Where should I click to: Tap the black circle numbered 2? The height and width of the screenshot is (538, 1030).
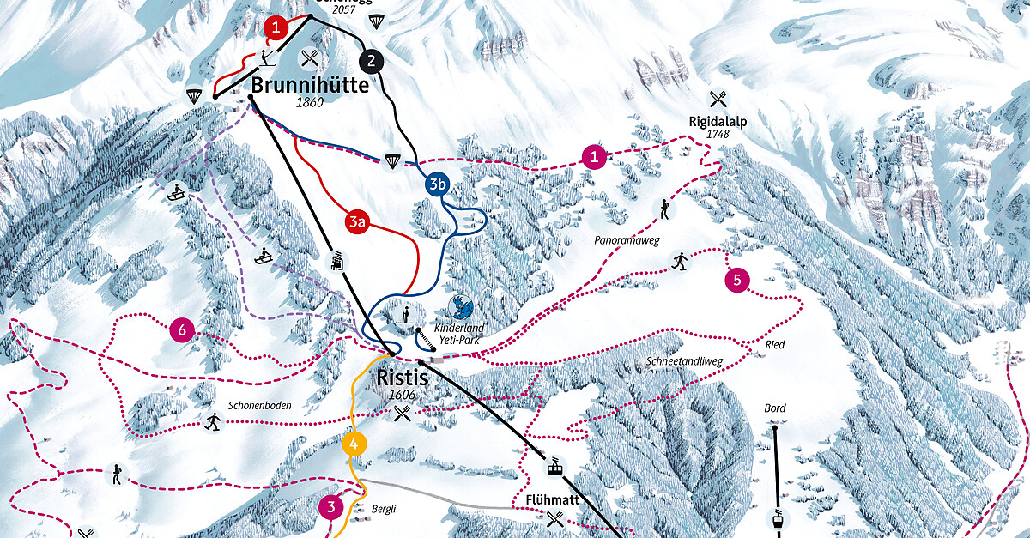371,61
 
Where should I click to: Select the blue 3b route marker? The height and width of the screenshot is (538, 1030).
437,184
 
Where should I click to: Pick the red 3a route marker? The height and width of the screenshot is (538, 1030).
358,223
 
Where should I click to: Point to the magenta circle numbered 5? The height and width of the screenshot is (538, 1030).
737,280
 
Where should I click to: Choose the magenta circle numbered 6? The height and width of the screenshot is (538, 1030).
182,329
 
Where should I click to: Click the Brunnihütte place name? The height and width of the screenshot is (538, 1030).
309,85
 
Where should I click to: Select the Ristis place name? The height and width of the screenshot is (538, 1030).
402,377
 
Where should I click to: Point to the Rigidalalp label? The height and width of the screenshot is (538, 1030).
718,121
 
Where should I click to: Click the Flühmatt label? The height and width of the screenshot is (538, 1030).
554,499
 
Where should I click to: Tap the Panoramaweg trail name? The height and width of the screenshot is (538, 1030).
626,241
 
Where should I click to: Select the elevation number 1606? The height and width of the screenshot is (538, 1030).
402,395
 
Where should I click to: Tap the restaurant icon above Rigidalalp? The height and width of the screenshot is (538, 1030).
718,100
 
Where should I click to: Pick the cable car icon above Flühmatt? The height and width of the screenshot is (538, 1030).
556,468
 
